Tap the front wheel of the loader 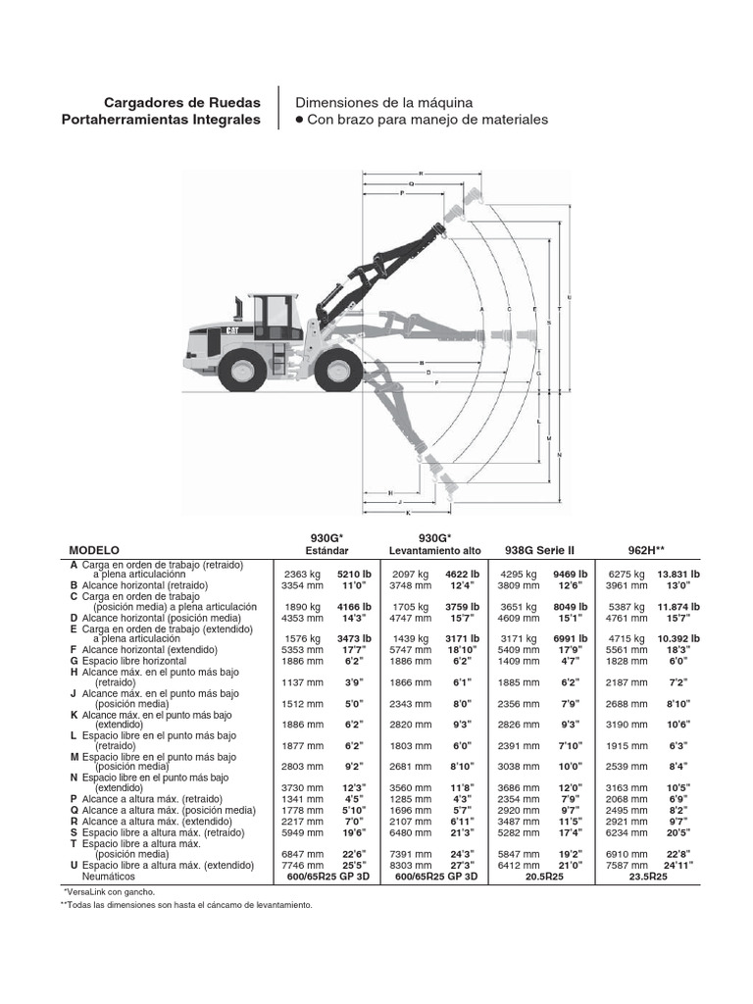pos(338,372)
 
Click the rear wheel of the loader pos(240,372)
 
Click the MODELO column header pos(93,551)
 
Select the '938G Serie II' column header pos(538,551)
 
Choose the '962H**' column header pos(649,551)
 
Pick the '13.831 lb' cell pos(678,575)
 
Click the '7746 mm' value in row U pos(302,866)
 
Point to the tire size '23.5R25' pos(648,877)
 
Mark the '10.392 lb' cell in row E pos(678,638)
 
